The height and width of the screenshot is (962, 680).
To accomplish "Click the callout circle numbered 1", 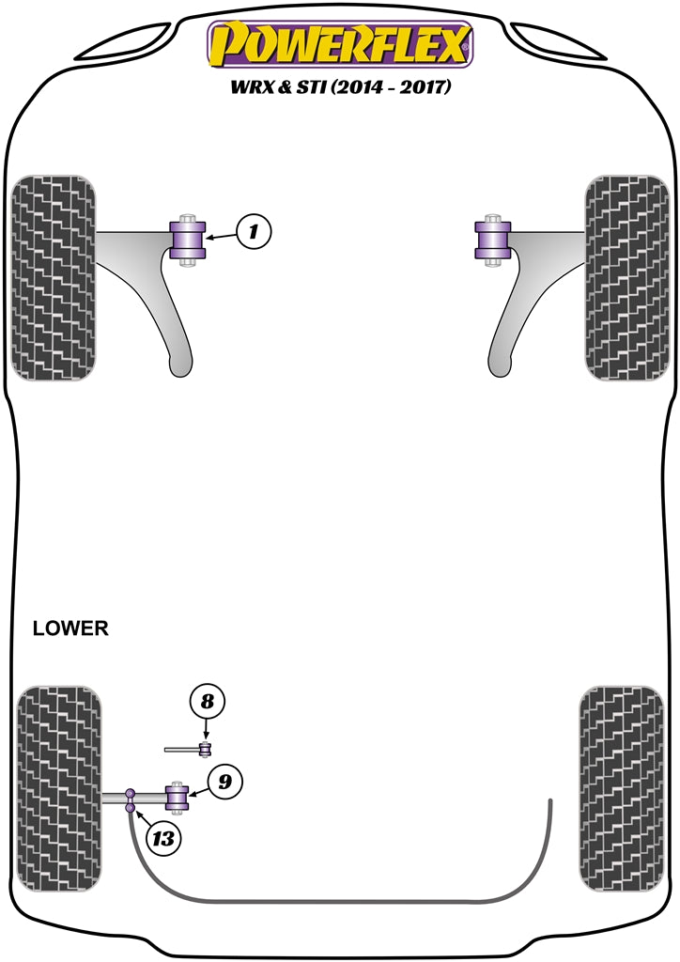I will [x=254, y=232].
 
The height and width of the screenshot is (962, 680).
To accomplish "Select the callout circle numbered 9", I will [x=225, y=782].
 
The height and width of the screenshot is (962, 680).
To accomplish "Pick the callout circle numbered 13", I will [x=163, y=839].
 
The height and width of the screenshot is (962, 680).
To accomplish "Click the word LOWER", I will [x=70, y=628].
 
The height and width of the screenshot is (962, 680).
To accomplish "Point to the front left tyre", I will [x=53, y=277].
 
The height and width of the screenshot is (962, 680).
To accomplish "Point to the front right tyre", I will [x=626, y=277].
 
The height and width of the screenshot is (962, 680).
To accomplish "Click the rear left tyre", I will [x=58, y=790].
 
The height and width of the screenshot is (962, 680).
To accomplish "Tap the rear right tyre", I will [x=616, y=790].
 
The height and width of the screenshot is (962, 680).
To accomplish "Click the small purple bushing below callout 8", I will [x=205, y=749].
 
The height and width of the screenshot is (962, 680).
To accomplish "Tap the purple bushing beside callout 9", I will [x=178, y=799].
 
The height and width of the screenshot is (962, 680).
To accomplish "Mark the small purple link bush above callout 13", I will [x=131, y=798].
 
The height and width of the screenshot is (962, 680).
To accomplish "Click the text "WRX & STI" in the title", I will [x=276, y=88].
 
